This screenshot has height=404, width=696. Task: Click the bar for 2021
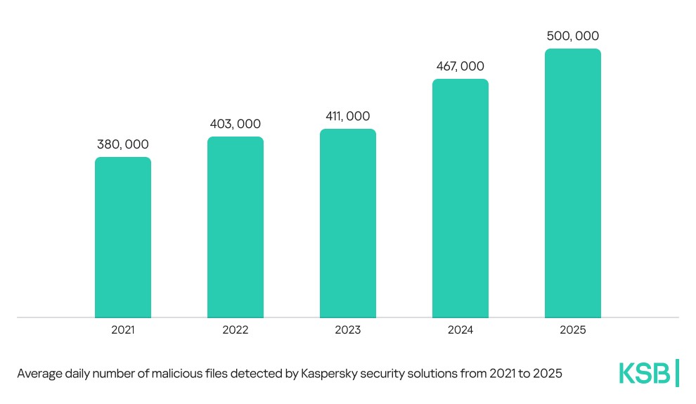pyautogui.click(x=123, y=237)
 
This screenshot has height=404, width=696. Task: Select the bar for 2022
pyautogui.click(x=236, y=227)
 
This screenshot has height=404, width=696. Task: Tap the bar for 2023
pyautogui.click(x=348, y=223)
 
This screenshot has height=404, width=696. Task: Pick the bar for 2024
pyautogui.click(x=460, y=198)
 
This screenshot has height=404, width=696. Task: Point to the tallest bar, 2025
pyautogui.click(x=573, y=183)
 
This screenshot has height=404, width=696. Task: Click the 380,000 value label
pyautogui.click(x=123, y=144)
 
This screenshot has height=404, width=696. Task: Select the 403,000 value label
pyautogui.click(x=236, y=124)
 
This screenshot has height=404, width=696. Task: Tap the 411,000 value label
pyautogui.click(x=348, y=116)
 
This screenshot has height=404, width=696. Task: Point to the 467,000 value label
pyautogui.click(x=460, y=66)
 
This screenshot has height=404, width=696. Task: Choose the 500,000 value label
pyautogui.click(x=573, y=36)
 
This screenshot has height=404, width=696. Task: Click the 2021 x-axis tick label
pyautogui.click(x=123, y=329)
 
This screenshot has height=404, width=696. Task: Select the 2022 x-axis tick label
pyautogui.click(x=236, y=329)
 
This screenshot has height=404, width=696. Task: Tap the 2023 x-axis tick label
pyautogui.click(x=348, y=329)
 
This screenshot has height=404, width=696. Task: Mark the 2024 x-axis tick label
pyautogui.click(x=460, y=329)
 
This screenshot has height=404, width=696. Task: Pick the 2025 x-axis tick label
pyautogui.click(x=573, y=329)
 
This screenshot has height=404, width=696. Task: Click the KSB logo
pyautogui.click(x=648, y=373)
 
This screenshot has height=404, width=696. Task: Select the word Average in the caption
pyautogui.click(x=38, y=374)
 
